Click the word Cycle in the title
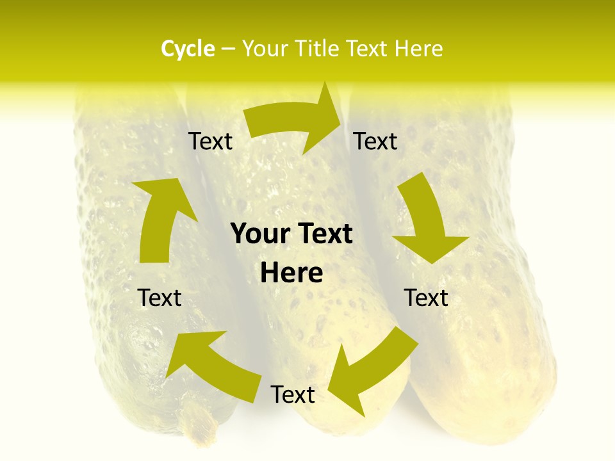click(188, 49)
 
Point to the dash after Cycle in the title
click(228, 49)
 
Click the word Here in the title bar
click(417, 49)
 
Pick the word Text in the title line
click(366, 49)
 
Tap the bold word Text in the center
click(324, 234)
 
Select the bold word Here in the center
click(291, 273)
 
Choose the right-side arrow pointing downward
click(426, 221)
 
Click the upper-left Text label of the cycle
click(211, 141)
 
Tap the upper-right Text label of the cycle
click(375, 141)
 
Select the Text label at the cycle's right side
click(426, 298)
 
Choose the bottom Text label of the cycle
click(293, 394)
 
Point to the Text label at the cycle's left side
click(160, 298)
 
